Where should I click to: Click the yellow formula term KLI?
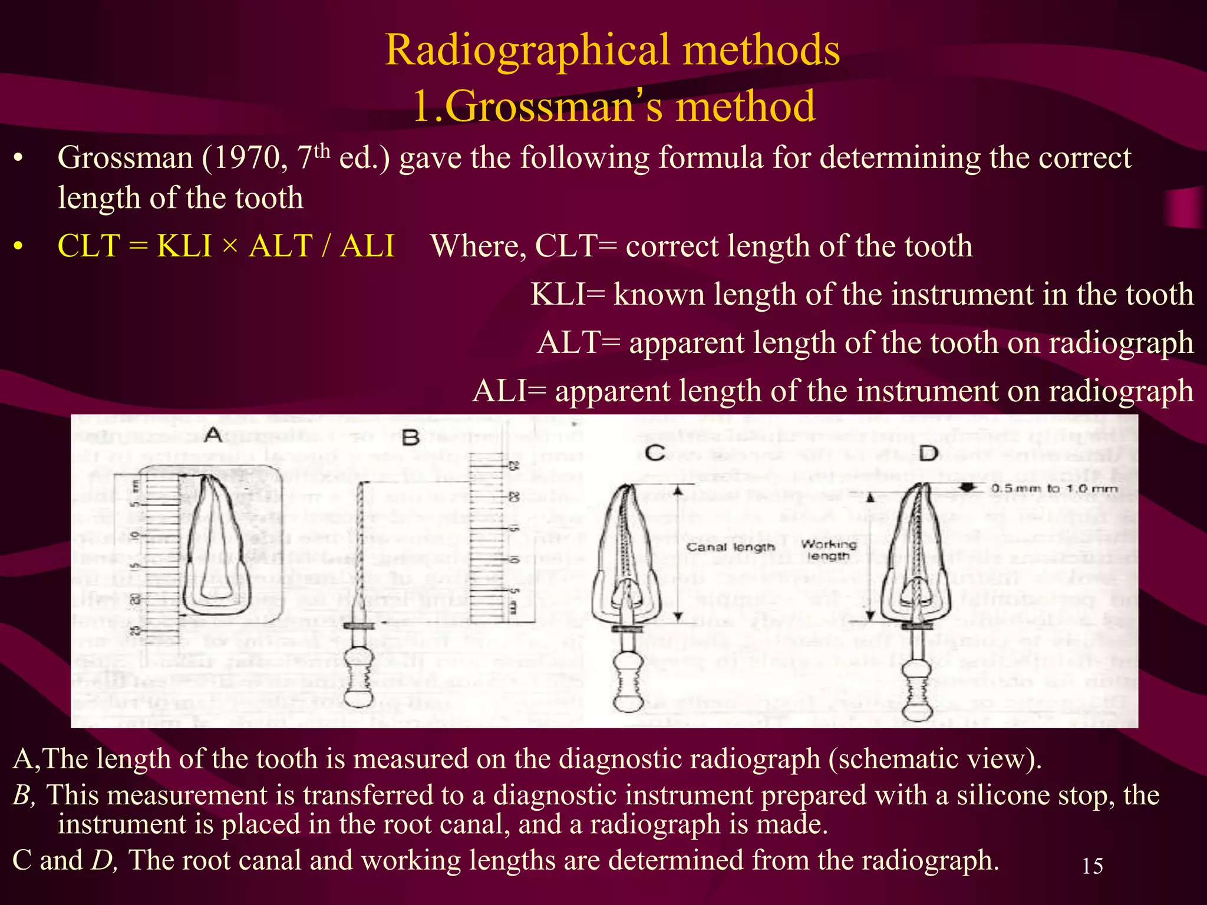click(x=184, y=246)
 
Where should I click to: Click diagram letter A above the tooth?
click(x=213, y=435)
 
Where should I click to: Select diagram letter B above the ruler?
click(x=410, y=437)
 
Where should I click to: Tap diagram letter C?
click(x=655, y=452)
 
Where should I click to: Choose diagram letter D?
click(x=928, y=453)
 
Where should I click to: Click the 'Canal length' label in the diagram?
click(x=730, y=547)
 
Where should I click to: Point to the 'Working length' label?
click(x=828, y=550)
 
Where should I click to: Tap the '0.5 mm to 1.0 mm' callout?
click(x=1054, y=488)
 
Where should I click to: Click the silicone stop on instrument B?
click(x=358, y=625)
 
